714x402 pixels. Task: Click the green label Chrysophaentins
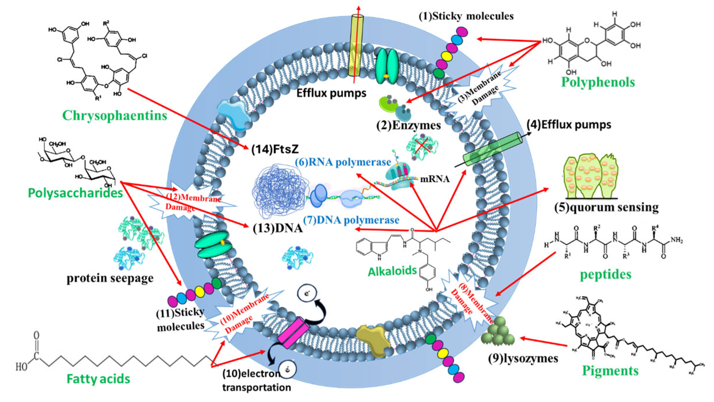pyautogui.click(x=115, y=116)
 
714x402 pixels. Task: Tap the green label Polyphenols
pyautogui.click(x=598, y=82)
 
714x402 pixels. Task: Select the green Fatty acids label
pyautogui.click(x=98, y=379)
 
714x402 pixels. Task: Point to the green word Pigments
pyautogui.click(x=610, y=371)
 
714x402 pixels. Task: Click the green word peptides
pyautogui.click(x=606, y=274)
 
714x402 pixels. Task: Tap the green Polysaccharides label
pyautogui.click(x=75, y=193)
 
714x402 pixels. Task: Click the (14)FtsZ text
pyautogui.click(x=275, y=149)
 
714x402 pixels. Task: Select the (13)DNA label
pyautogui.click(x=277, y=228)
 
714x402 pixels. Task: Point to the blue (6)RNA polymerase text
pyautogui.click(x=343, y=162)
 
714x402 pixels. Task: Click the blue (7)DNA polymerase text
pyautogui.click(x=351, y=220)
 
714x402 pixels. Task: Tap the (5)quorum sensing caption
pyautogui.click(x=607, y=207)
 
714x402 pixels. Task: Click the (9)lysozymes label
pyautogui.click(x=523, y=358)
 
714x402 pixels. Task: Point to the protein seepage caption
pyautogui.click(x=110, y=278)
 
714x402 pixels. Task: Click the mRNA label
pyautogui.click(x=435, y=179)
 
